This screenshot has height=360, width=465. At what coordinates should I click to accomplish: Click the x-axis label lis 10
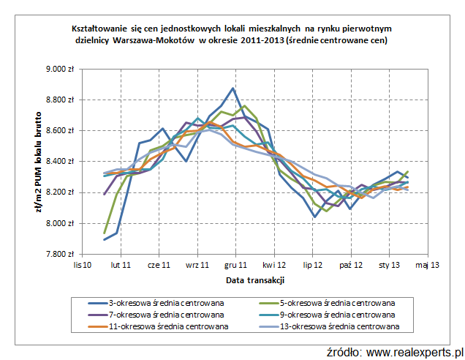click(82, 265)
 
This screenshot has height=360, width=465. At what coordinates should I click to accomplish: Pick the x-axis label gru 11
click(235, 265)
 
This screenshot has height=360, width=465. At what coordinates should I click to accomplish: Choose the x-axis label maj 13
click(427, 265)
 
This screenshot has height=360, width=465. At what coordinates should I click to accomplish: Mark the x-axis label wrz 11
click(197, 265)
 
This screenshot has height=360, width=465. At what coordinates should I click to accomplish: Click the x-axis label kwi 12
click(273, 265)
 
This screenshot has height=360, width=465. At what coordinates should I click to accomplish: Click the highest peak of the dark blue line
click(232, 89)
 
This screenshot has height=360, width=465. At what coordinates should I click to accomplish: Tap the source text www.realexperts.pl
click(415, 352)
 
